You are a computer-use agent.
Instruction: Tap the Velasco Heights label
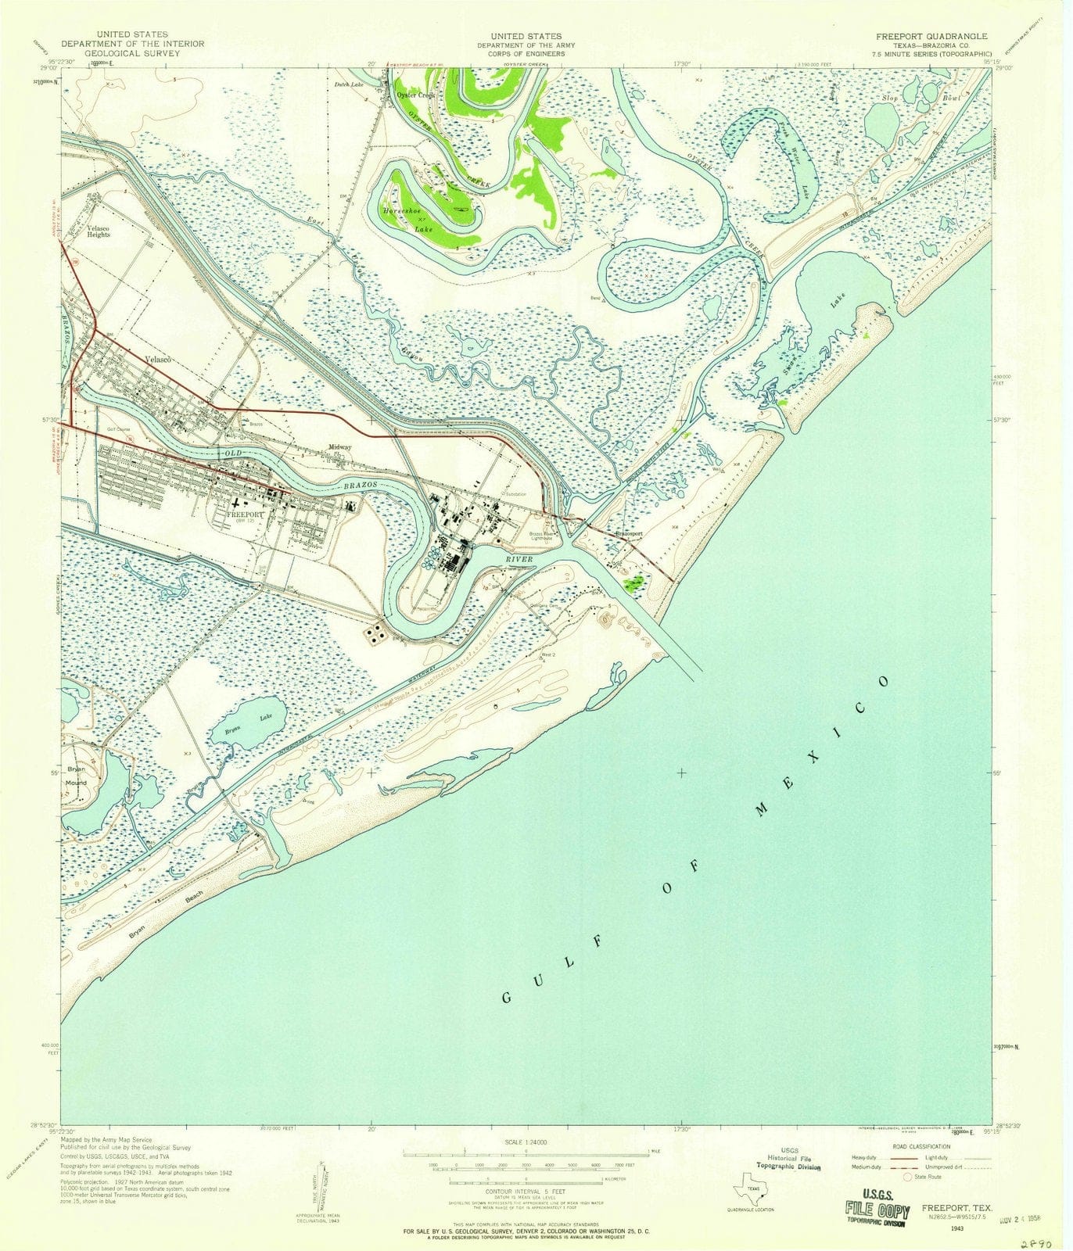point(99,231)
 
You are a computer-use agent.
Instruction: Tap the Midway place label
point(340,447)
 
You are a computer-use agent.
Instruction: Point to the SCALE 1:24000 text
point(526,1142)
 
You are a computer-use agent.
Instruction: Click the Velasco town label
point(158,359)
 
